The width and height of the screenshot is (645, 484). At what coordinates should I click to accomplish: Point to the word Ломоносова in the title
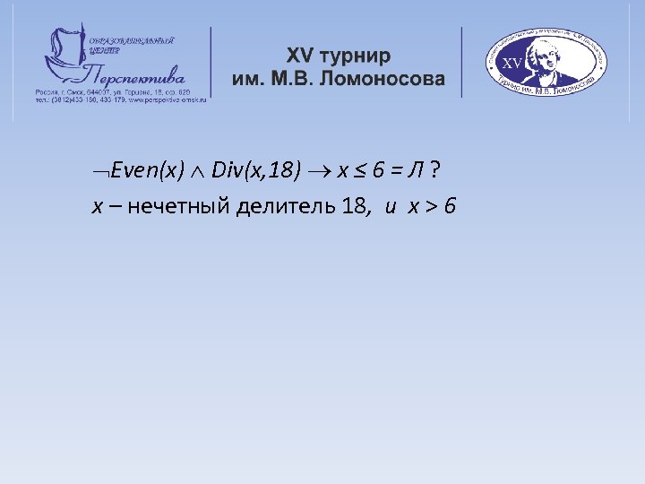[x=390, y=79]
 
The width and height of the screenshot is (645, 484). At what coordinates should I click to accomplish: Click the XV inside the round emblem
[x=513, y=64]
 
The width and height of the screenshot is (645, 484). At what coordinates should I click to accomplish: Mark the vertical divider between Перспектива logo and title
[x=211, y=62]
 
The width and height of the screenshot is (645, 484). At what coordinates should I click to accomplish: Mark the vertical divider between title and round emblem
[x=461, y=62]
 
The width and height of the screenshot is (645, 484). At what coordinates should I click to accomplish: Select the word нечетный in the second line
[x=178, y=207]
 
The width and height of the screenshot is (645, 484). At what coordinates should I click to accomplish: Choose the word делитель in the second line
[x=286, y=207]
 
